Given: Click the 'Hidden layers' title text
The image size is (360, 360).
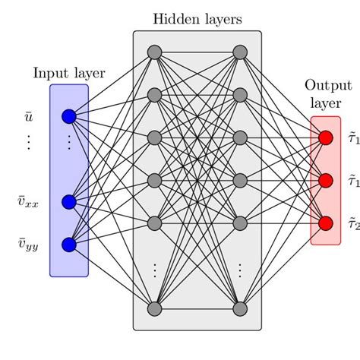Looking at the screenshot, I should pyautogui.click(x=197, y=19).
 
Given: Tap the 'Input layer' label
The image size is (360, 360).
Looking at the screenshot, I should pyautogui.click(x=69, y=73).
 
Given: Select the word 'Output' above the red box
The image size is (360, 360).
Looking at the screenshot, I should pyautogui.click(x=325, y=86).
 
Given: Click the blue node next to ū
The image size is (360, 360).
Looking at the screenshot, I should pyautogui.click(x=69, y=116).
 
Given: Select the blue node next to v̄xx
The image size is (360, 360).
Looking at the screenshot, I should pyautogui.click(x=69, y=201).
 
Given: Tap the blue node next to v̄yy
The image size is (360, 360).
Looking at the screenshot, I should pyautogui.click(x=69, y=245).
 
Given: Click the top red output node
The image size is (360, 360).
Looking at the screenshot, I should pyautogui.click(x=326, y=138).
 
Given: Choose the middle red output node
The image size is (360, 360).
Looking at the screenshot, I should pyautogui.click(x=326, y=181).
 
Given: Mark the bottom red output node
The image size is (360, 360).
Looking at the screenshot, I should pyautogui.click(x=326, y=223).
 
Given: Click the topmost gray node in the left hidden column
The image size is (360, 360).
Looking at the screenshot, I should pyautogui.click(x=154, y=52).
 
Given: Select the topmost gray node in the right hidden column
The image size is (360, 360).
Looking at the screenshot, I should pyautogui.click(x=240, y=52).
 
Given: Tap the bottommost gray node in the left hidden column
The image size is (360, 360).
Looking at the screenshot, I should pyautogui.click(x=154, y=308).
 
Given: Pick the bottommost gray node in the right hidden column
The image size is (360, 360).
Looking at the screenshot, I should pyautogui.click(x=240, y=308).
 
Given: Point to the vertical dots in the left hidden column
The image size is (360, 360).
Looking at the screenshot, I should pyautogui.click(x=154, y=269).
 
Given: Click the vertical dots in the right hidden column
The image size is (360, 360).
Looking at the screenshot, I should pyautogui.click(x=240, y=269).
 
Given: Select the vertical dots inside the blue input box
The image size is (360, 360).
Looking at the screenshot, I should pyautogui.click(x=69, y=142).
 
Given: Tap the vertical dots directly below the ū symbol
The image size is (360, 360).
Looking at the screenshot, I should pyautogui.click(x=28, y=142).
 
